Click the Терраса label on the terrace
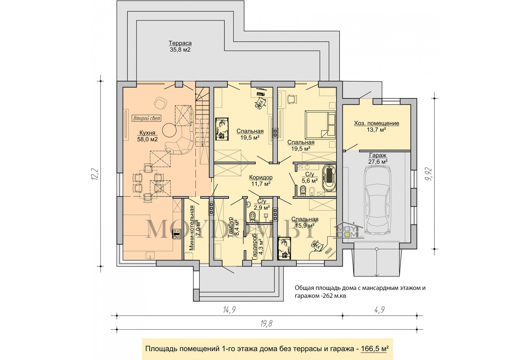180,43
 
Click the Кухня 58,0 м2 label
147,136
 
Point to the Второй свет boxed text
147,118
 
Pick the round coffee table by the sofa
169,130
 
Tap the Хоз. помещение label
377,123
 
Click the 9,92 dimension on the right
428,174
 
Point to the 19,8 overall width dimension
266,324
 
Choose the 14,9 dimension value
229,310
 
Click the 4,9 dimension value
380,310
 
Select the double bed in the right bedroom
320,125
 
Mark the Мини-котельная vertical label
195,228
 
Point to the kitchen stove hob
177,234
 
